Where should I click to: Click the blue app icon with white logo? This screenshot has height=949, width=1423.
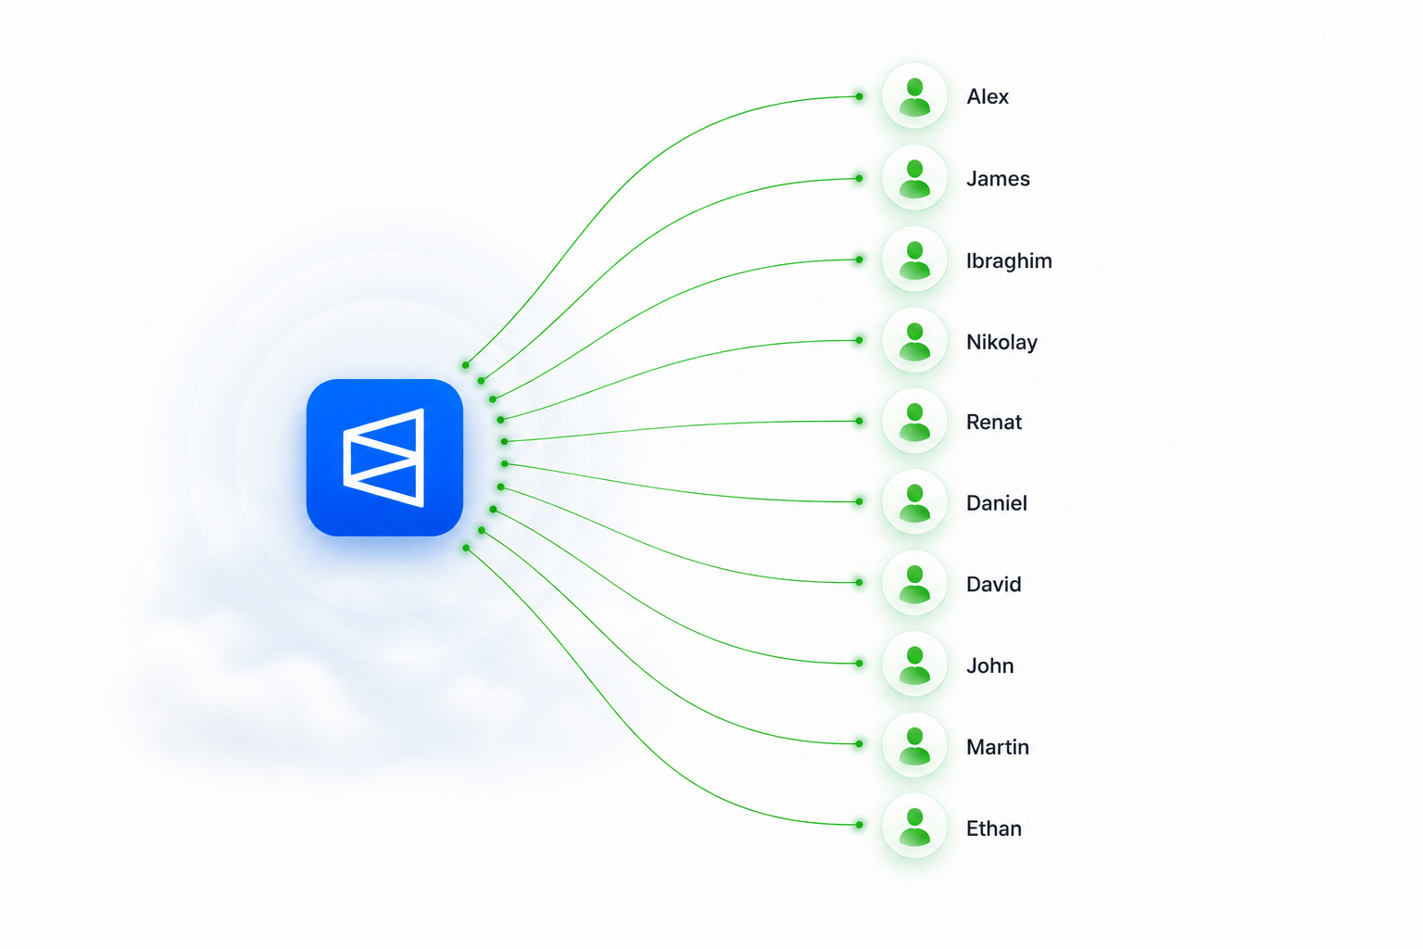coord(384,458)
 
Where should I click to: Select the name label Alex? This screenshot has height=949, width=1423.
coord(988,96)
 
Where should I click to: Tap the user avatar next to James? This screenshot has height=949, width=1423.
coord(914,178)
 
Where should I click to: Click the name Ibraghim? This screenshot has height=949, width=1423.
coord(1009,260)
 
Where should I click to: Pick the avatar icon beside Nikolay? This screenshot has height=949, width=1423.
coord(914,341)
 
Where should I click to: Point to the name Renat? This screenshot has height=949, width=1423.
coord(993,422)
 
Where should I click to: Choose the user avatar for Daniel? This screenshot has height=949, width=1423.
coord(914,502)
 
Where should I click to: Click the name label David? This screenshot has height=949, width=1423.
coord(993,584)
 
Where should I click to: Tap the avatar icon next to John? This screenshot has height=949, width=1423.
coord(914,664)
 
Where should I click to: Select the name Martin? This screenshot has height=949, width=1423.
coord(998,747)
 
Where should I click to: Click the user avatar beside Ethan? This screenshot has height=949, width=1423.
coord(914,825)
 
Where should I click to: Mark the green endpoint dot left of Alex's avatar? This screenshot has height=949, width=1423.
coord(859,96)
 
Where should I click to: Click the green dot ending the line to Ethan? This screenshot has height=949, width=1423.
coord(859,825)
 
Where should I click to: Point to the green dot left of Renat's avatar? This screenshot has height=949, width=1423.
coord(859,421)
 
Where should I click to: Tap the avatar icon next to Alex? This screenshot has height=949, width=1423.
coord(914,96)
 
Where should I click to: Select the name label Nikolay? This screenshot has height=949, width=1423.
coord(1001,343)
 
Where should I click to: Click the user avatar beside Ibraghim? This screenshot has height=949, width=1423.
coord(914,259)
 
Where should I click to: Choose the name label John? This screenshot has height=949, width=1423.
coord(989,665)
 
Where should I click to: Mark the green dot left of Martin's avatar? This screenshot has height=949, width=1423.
coord(859,743)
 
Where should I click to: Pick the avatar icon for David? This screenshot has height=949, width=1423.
coord(914,583)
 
